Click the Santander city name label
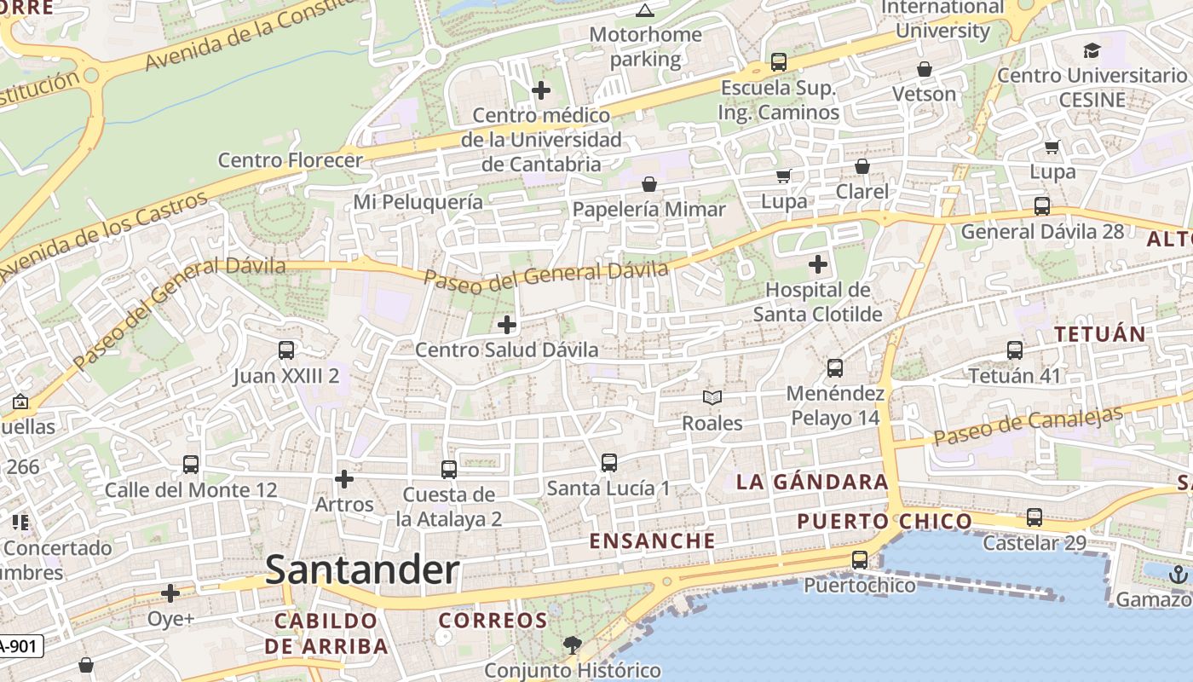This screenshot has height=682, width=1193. click(362, 570)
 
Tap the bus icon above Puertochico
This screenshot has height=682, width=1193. click(860, 560)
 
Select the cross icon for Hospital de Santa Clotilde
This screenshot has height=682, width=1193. click(818, 264)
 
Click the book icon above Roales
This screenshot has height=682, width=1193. click(712, 397)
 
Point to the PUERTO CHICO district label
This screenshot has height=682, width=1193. click(885, 521)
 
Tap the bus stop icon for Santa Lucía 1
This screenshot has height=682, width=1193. click(609, 463)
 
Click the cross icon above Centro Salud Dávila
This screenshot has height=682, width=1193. click(507, 325)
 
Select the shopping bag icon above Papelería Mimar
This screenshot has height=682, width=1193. click(649, 184)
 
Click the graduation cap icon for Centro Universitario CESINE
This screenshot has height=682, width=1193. click(1092, 50)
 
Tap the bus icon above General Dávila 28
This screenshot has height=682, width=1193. click(1041, 206)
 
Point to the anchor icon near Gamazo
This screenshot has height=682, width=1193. click(1179, 574)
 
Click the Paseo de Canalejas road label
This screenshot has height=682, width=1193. click(1028, 425)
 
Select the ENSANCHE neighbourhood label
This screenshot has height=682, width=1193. click(652, 540)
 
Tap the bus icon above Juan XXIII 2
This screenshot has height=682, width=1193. click(286, 350)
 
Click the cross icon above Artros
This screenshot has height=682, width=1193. click(344, 479)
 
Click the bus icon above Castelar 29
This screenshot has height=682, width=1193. click(1035, 517)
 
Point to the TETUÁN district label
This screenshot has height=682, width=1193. click(1100, 333)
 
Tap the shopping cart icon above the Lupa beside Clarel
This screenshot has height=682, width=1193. click(783, 176)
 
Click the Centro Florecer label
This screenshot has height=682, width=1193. click(291, 159)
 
